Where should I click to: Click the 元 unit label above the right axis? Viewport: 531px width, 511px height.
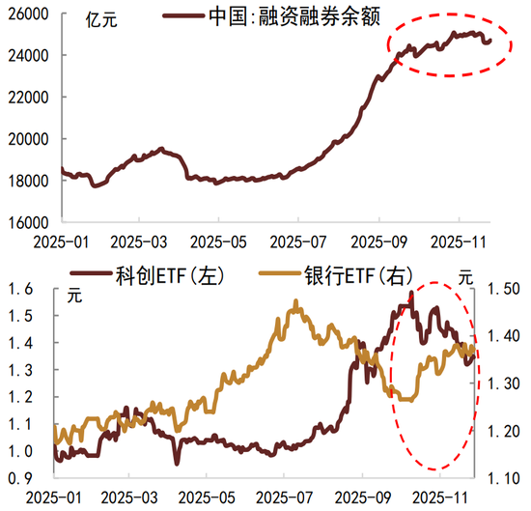tap(466, 276)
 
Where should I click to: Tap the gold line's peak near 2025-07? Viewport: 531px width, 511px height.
tap(293, 301)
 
